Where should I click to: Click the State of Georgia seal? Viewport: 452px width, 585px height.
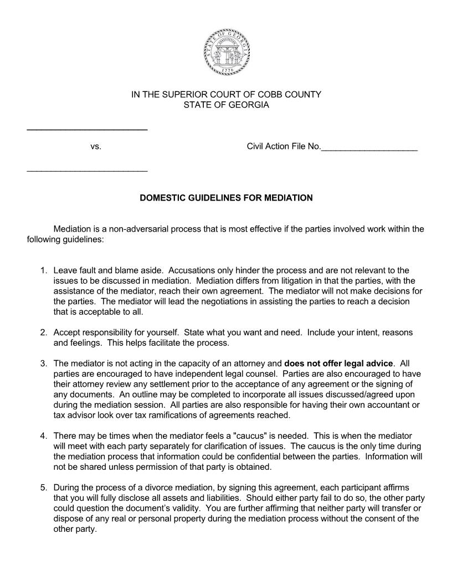[226, 52]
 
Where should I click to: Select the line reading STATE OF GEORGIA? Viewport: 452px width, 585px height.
[226, 105]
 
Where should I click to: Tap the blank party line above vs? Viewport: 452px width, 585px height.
[87, 130]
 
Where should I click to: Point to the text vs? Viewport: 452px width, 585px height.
[95, 147]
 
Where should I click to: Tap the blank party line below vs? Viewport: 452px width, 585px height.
[87, 171]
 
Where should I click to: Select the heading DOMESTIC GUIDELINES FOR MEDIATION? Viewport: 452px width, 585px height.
[226, 198]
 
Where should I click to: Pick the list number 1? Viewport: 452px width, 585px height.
[43, 270]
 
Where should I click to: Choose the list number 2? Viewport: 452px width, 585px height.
[43, 332]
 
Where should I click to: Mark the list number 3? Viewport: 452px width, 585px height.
[43, 363]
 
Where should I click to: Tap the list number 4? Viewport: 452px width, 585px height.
[43, 436]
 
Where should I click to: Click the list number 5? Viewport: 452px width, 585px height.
[43, 487]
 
